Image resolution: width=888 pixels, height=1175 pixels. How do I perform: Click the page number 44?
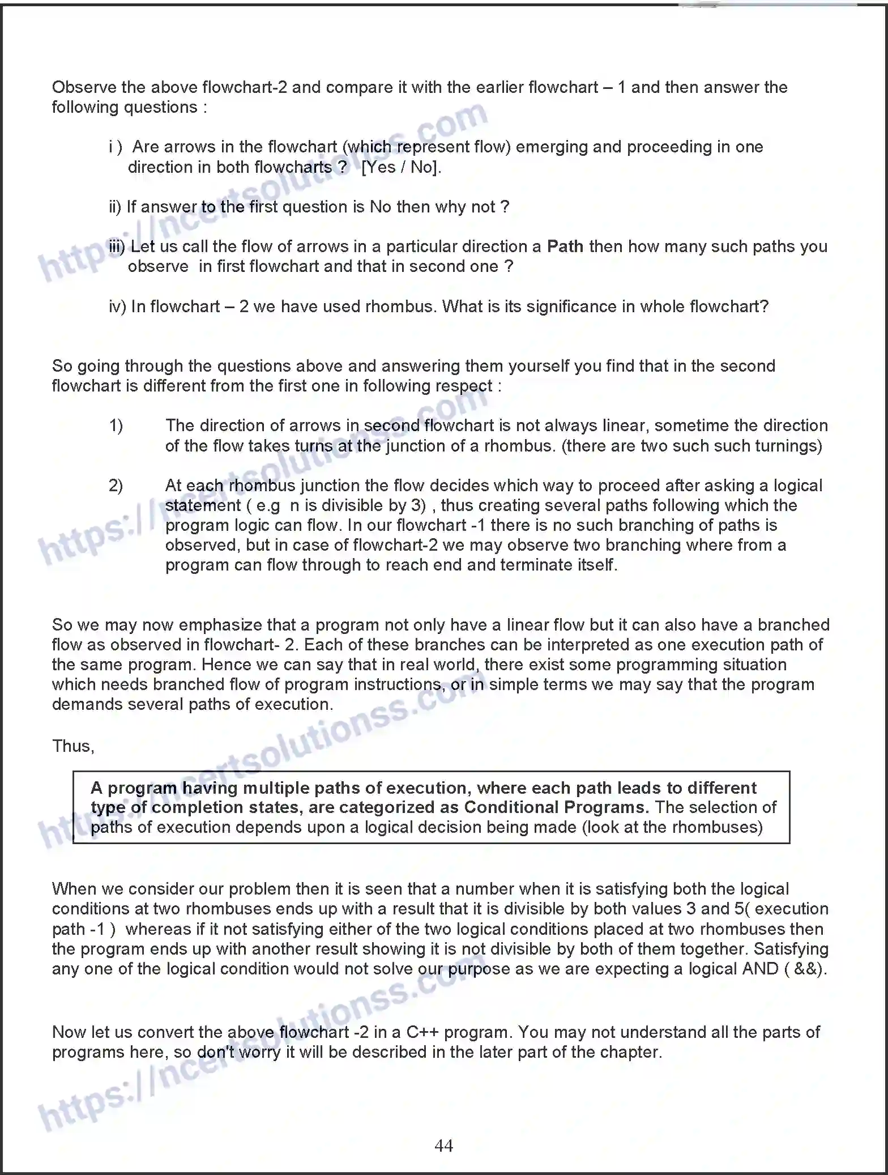[443, 1146]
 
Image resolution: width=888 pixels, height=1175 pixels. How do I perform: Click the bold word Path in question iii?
[565, 246]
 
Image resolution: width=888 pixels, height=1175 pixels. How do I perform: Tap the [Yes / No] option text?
[401, 167]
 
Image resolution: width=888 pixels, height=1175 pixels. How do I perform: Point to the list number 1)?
[116, 425]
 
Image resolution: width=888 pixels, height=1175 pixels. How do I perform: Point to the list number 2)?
[116, 486]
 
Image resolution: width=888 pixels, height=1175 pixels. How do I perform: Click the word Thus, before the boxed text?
[73, 746]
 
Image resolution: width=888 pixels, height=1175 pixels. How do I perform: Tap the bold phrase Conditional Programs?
[557, 807]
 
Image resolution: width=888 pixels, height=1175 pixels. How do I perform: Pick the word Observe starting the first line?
[84, 87]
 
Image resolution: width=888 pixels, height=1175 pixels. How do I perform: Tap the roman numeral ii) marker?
[115, 207]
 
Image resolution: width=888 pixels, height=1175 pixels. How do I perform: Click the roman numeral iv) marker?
[117, 306]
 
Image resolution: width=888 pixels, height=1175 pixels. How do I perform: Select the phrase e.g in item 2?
[268, 505]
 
